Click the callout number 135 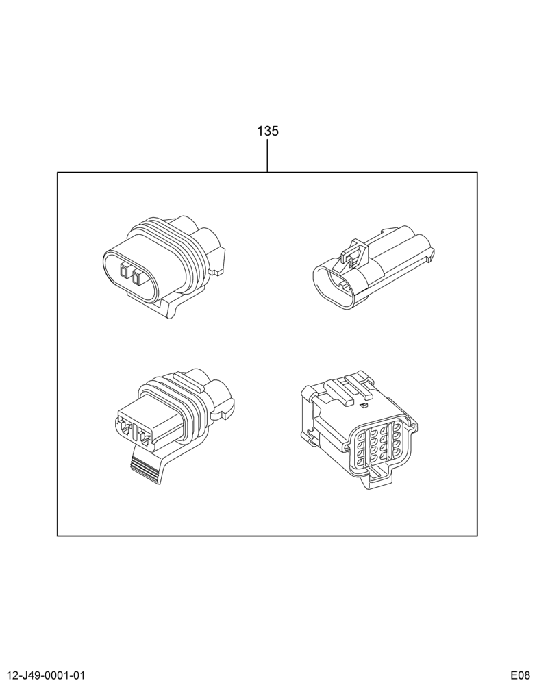pos(267,131)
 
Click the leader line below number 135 pos(267,155)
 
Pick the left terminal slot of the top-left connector pos(124,273)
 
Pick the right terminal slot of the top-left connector pos(138,275)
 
